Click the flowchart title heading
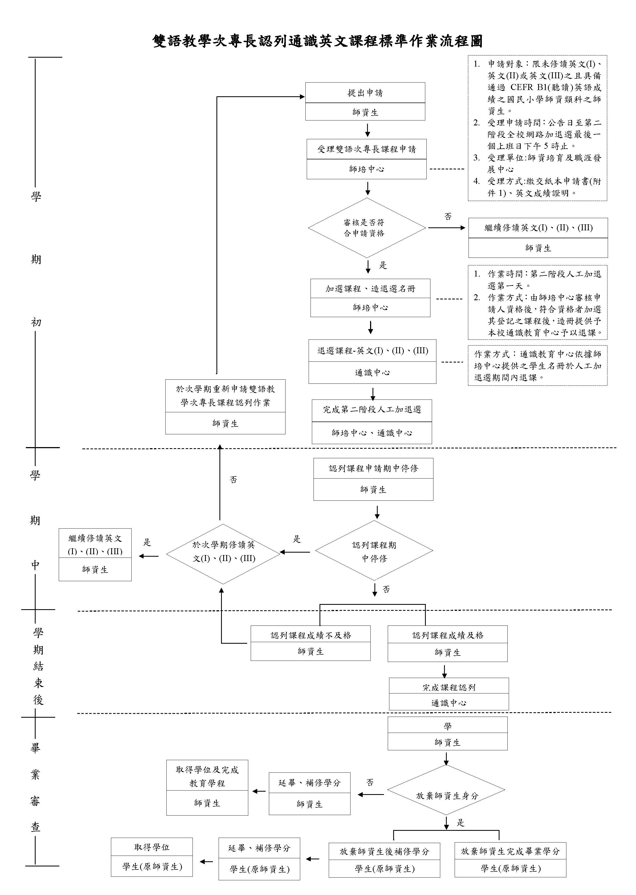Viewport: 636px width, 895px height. click(317, 41)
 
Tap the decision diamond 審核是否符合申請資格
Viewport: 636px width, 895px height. click(367, 228)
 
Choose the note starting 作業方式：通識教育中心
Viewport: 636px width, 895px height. click(537, 366)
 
